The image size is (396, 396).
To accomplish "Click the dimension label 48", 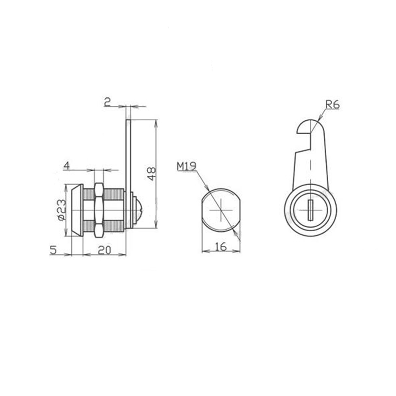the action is tap(151, 174).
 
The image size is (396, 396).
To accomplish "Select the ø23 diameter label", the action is tap(62, 209).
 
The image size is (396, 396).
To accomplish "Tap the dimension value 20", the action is tap(104, 250).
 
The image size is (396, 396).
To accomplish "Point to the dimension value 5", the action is tap(53, 250).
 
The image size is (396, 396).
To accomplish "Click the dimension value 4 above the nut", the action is tap(66, 166).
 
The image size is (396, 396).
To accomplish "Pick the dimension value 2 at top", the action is tap(107, 102).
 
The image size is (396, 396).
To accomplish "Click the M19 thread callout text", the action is tap(187, 166).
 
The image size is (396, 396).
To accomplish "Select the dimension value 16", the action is tap(221, 247).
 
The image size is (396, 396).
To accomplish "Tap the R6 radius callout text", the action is tap(332, 104).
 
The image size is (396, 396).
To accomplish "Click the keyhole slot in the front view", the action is tap(310, 209).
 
